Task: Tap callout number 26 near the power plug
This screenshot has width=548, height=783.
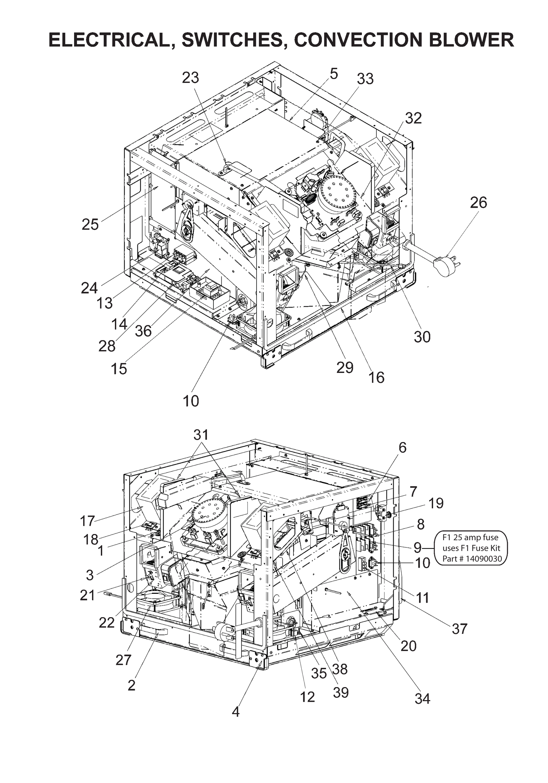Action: (478, 203)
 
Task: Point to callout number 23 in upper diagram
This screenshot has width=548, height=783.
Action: (190, 78)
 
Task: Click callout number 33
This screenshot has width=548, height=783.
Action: (365, 79)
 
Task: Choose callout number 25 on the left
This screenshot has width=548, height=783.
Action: (90, 225)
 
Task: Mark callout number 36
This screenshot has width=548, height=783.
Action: (143, 331)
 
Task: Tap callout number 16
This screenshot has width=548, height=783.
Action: (376, 377)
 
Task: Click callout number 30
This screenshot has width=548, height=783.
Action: (422, 337)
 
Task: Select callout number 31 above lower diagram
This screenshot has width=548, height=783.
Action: (201, 435)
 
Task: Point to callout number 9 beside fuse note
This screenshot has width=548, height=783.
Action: (417, 548)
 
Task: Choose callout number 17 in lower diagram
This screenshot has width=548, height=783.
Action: (87, 521)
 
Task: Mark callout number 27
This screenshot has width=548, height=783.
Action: (123, 660)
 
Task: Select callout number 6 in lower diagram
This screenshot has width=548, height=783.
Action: (403, 447)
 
